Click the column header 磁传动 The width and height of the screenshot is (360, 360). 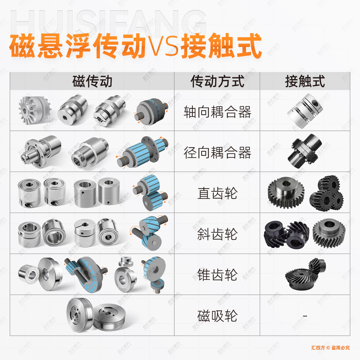pos(92,81)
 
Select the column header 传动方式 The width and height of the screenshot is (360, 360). pos(217,81)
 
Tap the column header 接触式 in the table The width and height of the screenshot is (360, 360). pos(305,81)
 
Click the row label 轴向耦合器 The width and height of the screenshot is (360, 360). pos(217,112)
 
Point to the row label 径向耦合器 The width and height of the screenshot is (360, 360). pos(217,153)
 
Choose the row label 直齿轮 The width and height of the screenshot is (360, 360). pos(217,194)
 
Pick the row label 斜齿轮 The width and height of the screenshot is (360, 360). pos(217,234)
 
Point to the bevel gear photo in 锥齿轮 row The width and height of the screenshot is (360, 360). pos(305,274)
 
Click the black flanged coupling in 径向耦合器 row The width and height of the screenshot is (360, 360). pos(305,152)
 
